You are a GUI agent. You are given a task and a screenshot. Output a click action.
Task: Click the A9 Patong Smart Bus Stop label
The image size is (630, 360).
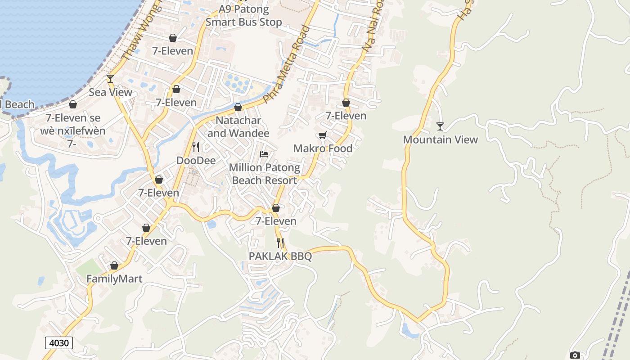[244, 16]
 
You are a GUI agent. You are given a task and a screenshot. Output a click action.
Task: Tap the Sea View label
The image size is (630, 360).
[110, 92]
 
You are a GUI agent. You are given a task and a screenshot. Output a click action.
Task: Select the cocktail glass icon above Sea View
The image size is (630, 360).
[110, 79]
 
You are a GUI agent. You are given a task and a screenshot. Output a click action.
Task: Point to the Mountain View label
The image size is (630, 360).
[440, 139]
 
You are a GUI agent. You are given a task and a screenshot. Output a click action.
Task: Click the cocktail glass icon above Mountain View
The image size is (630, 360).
[440, 126]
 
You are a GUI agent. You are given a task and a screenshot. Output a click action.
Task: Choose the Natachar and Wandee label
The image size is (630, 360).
[238, 127]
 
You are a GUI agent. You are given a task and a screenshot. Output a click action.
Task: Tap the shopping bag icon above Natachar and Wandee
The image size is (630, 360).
[238, 107]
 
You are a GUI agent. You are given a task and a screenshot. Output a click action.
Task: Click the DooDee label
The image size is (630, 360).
[196, 161]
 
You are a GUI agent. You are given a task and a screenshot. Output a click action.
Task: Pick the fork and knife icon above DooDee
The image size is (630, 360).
[196, 147]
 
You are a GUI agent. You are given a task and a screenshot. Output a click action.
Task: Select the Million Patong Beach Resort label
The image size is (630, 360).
[264, 174]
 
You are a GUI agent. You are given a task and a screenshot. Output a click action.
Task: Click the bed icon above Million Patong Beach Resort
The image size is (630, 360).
[264, 154]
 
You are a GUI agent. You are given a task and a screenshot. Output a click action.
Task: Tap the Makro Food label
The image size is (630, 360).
[323, 148]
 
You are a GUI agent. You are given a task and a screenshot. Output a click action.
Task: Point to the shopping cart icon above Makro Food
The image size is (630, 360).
[322, 135]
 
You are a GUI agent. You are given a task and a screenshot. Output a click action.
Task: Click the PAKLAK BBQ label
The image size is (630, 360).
[280, 256]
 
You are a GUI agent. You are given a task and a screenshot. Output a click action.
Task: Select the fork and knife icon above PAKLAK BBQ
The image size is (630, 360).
[280, 243]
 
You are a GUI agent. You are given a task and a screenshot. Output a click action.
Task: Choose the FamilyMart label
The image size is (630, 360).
[114, 279]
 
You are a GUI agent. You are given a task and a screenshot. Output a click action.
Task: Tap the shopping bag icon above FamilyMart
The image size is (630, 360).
[114, 265]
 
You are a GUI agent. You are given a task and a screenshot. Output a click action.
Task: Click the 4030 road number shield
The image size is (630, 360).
[59, 343]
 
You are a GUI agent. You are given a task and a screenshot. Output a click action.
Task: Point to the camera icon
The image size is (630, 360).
[575, 355]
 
